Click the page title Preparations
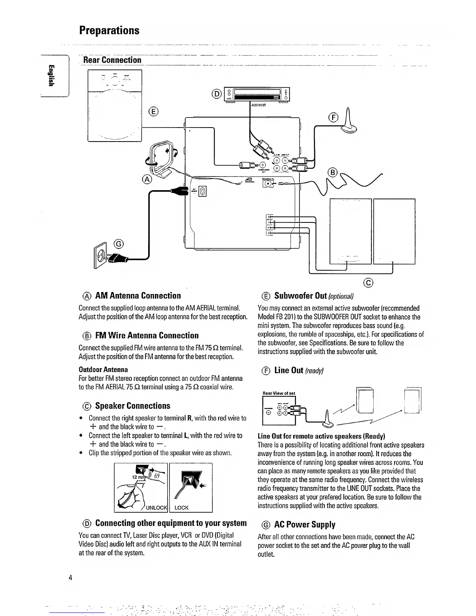(109, 30)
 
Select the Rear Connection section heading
(112, 60)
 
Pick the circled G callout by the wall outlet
(119, 244)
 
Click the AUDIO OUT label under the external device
(259, 105)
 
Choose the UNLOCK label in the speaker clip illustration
(156, 507)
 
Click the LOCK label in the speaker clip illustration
(182, 507)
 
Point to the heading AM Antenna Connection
(138, 296)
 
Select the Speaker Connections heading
(132, 406)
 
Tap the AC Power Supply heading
(304, 525)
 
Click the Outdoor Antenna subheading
(103, 369)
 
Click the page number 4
(70, 577)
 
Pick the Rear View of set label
(279, 393)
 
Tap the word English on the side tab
(51, 75)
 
